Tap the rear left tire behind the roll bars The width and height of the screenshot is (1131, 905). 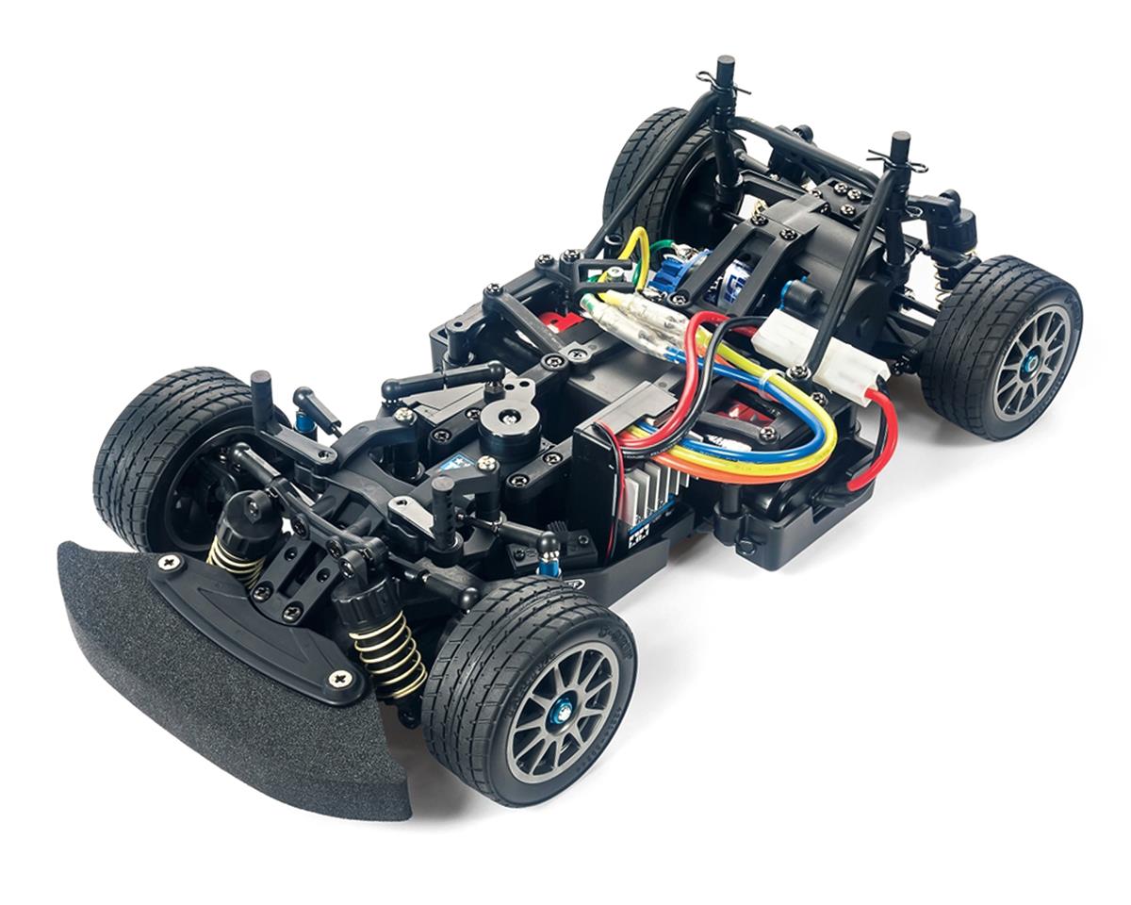[650, 160]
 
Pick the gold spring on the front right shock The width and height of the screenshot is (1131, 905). [387, 650]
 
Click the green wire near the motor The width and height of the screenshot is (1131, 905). [665, 249]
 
